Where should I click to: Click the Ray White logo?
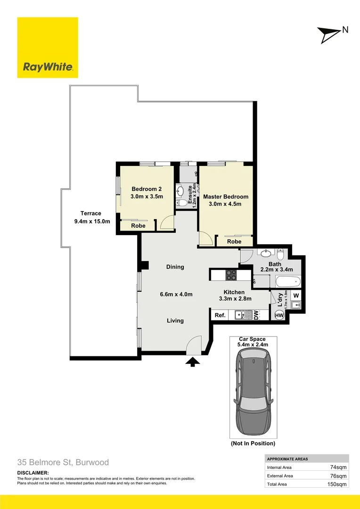click(x=48, y=48)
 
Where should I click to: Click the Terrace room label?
click(x=90, y=213)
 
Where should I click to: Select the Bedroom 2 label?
click(x=147, y=189)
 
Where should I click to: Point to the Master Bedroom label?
click(x=225, y=197)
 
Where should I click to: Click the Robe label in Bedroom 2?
click(x=138, y=226)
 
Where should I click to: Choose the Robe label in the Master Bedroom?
click(x=234, y=241)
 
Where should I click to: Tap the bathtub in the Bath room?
click(x=287, y=282)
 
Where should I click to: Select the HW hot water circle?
click(x=279, y=315)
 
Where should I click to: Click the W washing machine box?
click(x=295, y=296)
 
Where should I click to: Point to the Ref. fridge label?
click(x=220, y=315)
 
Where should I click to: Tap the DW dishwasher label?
click(x=256, y=315)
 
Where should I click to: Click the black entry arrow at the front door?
click(x=193, y=361)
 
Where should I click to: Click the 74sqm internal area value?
click(x=338, y=467)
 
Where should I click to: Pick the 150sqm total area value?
click(x=337, y=484)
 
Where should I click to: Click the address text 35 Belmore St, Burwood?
click(x=63, y=462)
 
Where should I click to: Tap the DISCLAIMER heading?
click(x=33, y=473)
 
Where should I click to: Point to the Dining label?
click(x=175, y=267)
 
